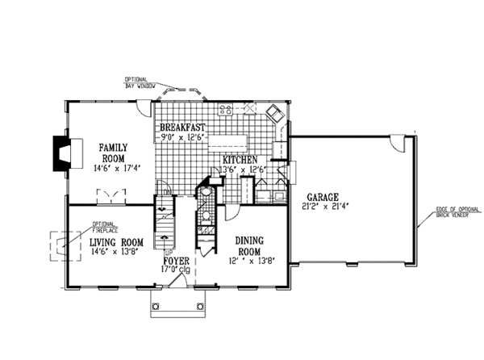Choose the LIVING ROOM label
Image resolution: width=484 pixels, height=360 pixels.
(116, 241)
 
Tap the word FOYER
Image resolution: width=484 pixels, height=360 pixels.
(176, 262)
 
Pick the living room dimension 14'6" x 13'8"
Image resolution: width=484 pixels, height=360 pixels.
(117, 252)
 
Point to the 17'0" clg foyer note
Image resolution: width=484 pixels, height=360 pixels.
(176, 270)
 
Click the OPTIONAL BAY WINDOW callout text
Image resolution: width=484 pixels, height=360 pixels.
(140, 82)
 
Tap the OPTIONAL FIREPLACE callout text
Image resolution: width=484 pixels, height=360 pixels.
(103, 227)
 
